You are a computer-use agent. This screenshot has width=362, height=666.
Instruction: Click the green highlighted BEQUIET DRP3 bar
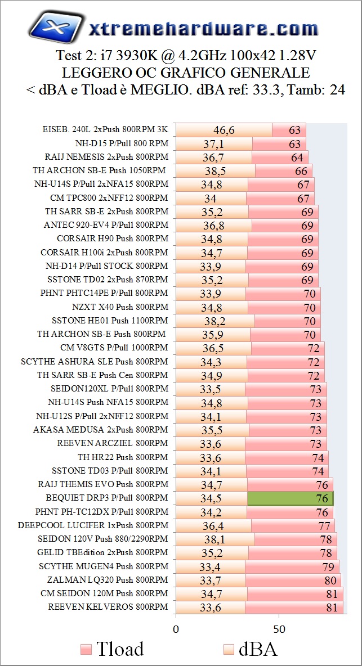pyautogui.click(x=291, y=498)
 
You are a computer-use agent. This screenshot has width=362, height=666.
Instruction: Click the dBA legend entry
pyautogui.click(x=250, y=649)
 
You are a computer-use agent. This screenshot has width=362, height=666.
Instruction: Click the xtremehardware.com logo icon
pyautogui.click(x=53, y=28)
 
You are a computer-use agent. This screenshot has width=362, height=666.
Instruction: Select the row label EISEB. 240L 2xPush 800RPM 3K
pyautogui.click(x=105, y=129)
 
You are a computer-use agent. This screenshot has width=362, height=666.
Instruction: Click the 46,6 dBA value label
pyautogui.click(x=224, y=130)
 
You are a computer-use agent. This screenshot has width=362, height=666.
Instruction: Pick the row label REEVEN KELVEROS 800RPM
pyautogui.click(x=108, y=607)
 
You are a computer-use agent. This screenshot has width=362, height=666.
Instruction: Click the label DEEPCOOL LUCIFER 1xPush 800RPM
pyautogui.click(x=93, y=525)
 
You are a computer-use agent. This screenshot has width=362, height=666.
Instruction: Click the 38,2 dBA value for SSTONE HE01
pyautogui.click(x=214, y=321)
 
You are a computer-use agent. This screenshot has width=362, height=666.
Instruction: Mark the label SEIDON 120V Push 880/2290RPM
pyautogui.click(x=100, y=539)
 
